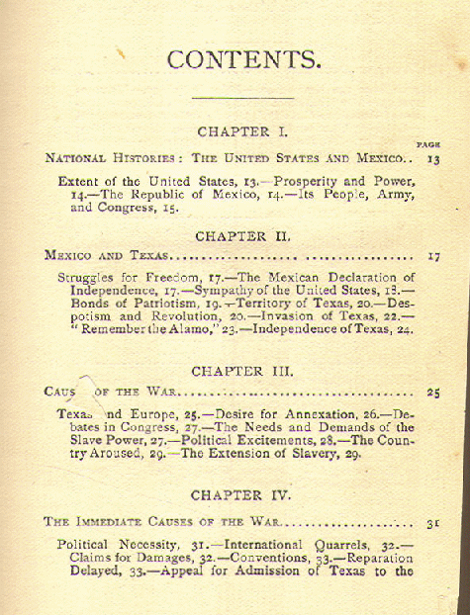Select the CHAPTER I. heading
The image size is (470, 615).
coord(242,131)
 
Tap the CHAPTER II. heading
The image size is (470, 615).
coord(242,236)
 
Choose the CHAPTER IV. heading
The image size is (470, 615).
coord(242,493)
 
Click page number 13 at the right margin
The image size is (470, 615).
coord(432,158)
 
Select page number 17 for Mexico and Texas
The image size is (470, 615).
coord(432,255)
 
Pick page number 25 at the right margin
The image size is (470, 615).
coord(432,393)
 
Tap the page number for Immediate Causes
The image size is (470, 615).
coord(432,521)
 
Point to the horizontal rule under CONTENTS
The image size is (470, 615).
coord(242,97)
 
